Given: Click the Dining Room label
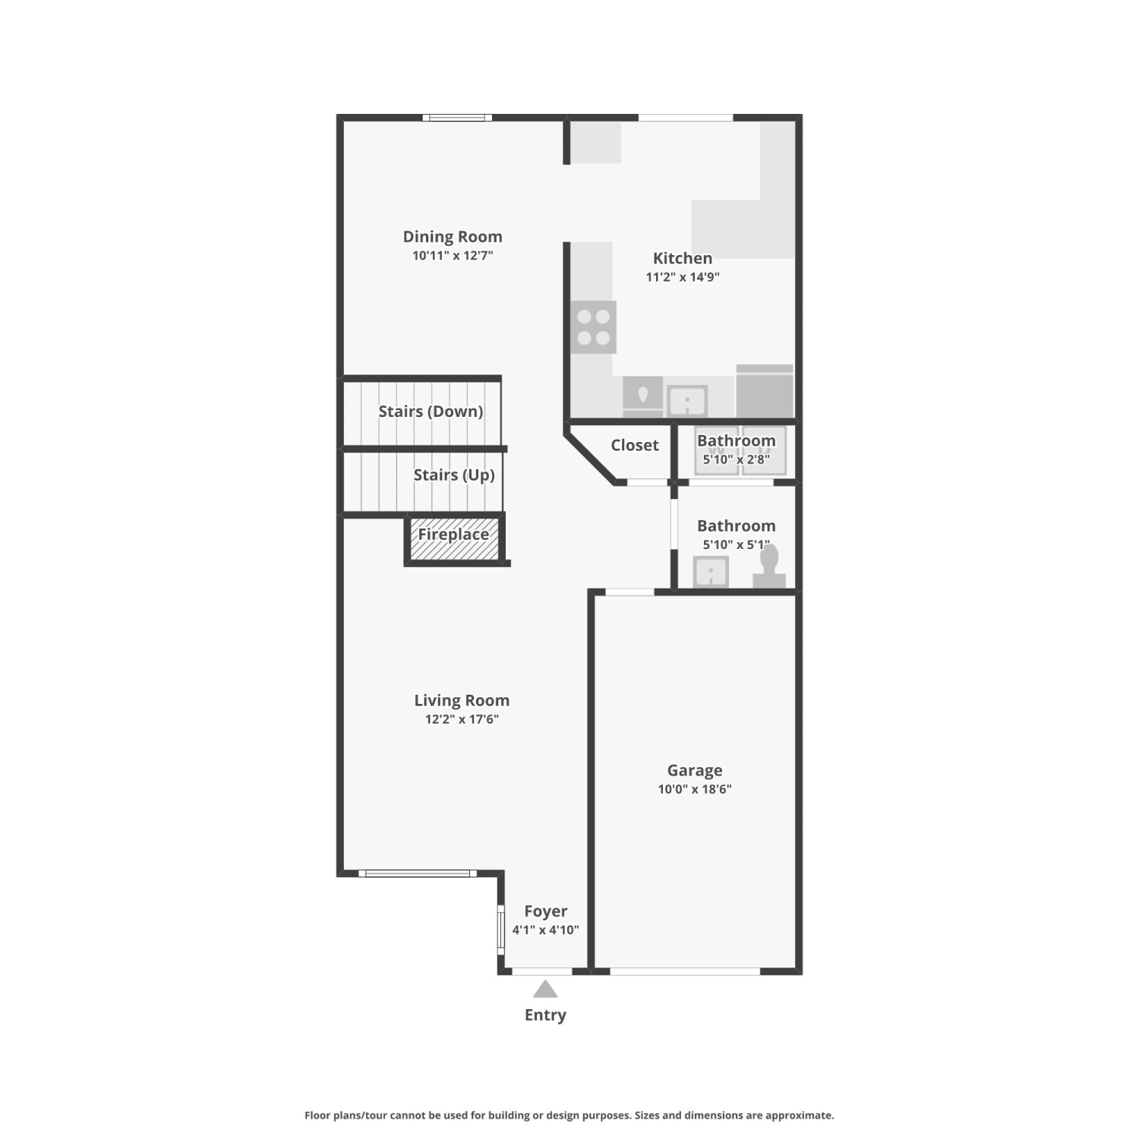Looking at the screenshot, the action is pos(453,237).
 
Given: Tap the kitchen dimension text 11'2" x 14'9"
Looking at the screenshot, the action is pos(683,277).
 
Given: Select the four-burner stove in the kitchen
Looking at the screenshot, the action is pos(594,327).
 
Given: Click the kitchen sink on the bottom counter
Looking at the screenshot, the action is pos(687,400).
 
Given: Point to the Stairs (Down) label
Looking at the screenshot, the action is pos(431,412).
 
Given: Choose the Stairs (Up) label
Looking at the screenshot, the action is pos(454,475).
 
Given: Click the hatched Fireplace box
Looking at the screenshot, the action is pos(454,540).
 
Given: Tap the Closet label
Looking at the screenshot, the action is pos(635,445).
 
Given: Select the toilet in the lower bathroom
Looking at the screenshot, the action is pos(769,566).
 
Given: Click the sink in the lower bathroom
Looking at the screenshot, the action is pos(711,572).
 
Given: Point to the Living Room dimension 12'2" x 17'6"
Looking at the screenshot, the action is pos(462,719).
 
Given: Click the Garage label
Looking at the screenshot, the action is pos(695,771).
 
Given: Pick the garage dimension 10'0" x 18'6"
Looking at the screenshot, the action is pos(695,789).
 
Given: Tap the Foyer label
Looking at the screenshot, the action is pos(546,911).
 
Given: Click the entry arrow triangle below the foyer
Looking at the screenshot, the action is pos(545,989).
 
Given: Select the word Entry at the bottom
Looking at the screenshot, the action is pos(545,1015).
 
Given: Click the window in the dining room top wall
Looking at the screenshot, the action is pos(457,118).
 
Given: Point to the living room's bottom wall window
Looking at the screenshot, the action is pos(418,873).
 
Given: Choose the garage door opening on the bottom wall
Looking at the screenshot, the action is pos(685,971).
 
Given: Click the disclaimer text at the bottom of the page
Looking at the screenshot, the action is pos(569,1115).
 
